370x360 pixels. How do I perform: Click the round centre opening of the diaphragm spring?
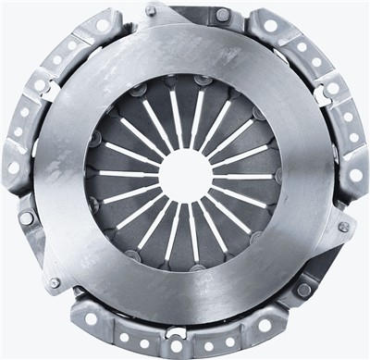[x=186, y=176]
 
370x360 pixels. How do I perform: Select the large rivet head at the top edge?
[x=222, y=14]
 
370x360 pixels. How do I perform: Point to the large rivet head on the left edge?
[x=27, y=218]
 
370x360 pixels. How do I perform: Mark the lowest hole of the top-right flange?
[x=355, y=174]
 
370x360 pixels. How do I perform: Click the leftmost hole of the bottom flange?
[x=92, y=318]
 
